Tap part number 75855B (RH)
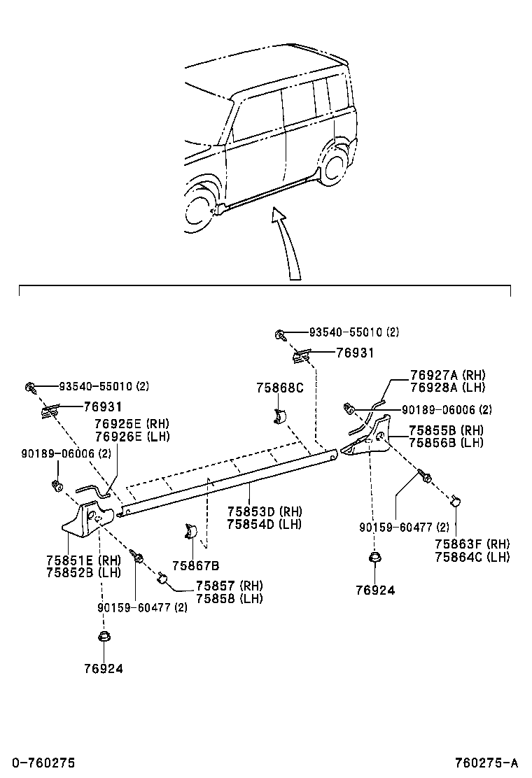[446, 430]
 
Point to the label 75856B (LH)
[446, 443]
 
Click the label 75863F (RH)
[472, 544]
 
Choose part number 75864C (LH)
[472, 557]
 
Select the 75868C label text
[279, 388]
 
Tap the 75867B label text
[196, 565]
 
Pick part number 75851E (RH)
[83, 560]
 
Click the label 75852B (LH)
[83, 572]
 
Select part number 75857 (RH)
[229, 586]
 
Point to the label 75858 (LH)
[229, 598]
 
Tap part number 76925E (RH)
[132, 424]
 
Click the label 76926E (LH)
[132, 437]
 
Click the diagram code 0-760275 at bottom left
[38, 763]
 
